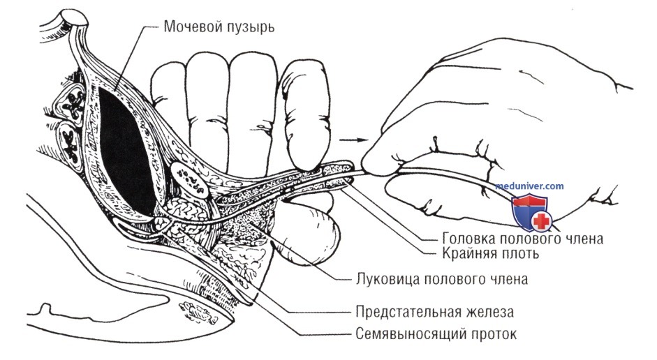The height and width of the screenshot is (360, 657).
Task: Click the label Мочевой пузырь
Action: [219, 27]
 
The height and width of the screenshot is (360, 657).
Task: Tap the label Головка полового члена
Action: [522, 238]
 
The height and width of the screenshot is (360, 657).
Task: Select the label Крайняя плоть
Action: [491, 253]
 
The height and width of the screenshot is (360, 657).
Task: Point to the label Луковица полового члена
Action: [442, 279]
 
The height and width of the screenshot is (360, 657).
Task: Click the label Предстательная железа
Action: [434, 312]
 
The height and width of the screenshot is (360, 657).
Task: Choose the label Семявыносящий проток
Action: [436, 334]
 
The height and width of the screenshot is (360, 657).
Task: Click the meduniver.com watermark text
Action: [529, 186]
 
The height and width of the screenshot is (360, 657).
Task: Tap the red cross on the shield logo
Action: [541, 221]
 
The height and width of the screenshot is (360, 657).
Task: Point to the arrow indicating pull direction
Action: [353, 140]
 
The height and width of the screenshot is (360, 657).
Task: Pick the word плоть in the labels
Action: [519, 254]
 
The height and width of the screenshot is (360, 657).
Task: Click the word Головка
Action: [468, 238]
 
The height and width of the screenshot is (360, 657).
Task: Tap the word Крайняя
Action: [468, 253]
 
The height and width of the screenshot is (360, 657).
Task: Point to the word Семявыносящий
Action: [411, 334]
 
